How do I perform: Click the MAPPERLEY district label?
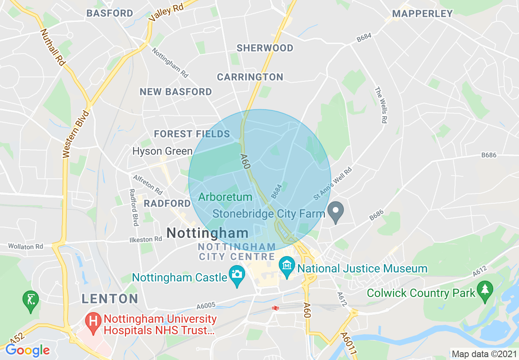click(422, 13)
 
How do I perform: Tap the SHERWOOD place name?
click(265, 48)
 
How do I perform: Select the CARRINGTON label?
click(250, 77)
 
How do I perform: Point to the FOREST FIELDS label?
click(192, 134)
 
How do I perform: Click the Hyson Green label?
click(162, 151)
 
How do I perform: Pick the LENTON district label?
click(110, 298)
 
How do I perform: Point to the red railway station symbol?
click(275, 308)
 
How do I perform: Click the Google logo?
click(28, 351)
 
